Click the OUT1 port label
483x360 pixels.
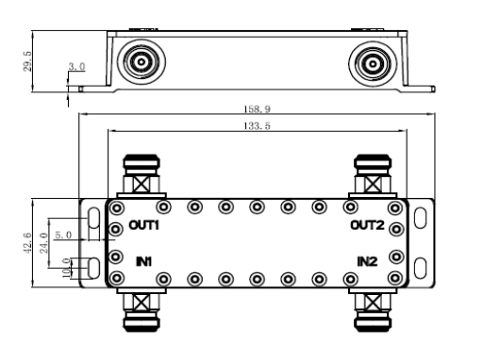(144, 225)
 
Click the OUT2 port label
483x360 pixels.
(367, 225)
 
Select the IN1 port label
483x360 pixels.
(144, 261)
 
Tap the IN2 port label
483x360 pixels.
(367, 261)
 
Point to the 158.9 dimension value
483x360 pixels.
(257, 109)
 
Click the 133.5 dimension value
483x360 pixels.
(257, 126)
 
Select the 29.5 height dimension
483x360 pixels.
(27, 61)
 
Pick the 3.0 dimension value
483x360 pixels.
(76, 67)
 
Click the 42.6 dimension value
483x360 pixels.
(27, 243)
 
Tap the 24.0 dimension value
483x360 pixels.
(43, 243)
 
